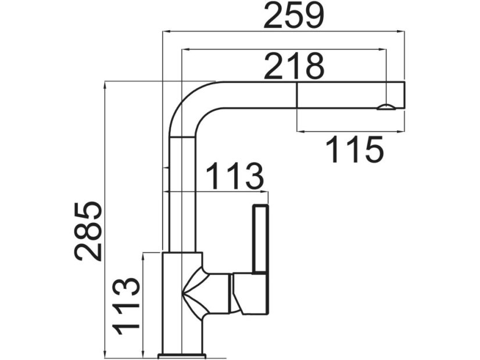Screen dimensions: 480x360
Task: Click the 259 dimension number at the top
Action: click(293, 15)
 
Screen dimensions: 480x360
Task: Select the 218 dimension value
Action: click(294, 66)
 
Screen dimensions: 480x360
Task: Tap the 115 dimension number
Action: click(354, 150)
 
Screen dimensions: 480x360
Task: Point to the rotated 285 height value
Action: click(88, 231)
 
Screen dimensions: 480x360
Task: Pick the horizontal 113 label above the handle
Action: click(235, 177)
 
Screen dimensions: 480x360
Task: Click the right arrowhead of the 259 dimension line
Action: click(400, 31)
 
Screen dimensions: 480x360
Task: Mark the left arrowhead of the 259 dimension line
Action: click(167, 31)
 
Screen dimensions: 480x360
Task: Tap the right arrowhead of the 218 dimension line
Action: click(381, 49)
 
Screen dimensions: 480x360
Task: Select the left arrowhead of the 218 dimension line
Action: click(186, 49)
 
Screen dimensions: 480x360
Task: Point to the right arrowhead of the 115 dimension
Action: click(400, 132)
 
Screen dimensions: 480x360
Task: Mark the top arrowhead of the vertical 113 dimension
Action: click(143, 257)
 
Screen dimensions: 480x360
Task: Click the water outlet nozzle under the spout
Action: click(386, 107)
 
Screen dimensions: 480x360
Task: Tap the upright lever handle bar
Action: click(260, 239)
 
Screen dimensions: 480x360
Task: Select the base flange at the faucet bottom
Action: click(182, 355)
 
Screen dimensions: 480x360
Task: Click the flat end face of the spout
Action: click(404, 95)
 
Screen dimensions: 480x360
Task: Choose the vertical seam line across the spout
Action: click(296, 95)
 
